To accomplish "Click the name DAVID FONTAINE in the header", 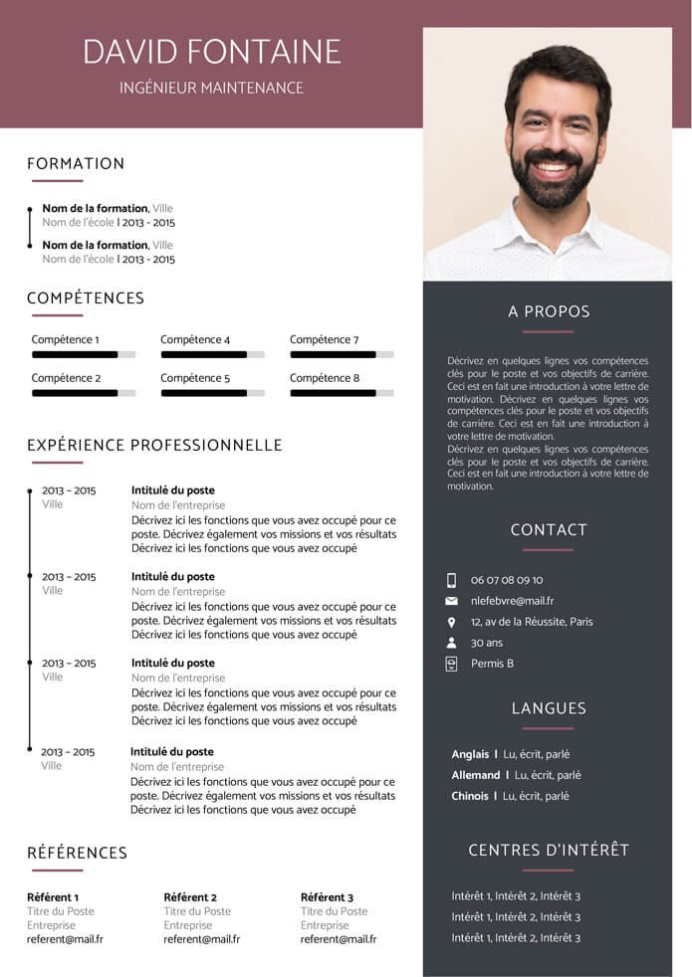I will (211, 51).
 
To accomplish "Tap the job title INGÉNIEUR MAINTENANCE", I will (211, 88).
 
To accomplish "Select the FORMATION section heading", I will (76, 164).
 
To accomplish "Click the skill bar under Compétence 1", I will (84, 354).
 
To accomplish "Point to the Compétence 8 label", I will (325, 378).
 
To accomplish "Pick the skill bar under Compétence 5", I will (212, 393).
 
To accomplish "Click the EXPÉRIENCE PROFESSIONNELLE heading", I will (154, 446).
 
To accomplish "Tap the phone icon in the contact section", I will (451, 580).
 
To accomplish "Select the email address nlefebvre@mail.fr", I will (512, 601).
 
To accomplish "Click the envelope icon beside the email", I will (451, 601).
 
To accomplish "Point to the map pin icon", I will (451, 622).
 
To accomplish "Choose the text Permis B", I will (492, 664).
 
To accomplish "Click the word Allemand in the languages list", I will (476, 775).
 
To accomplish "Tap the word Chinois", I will (470, 796).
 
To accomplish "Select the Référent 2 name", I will (190, 897).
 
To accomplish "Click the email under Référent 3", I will (338, 939).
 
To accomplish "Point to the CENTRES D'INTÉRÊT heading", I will (549, 850).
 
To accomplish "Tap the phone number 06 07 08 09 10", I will (507, 580).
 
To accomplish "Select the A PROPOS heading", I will (549, 311).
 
